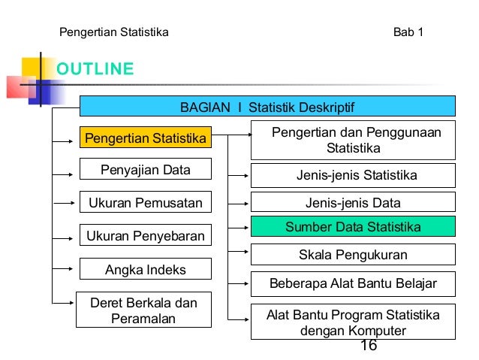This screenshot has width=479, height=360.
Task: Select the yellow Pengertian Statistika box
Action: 146,139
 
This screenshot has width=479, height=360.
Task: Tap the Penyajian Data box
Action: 146,170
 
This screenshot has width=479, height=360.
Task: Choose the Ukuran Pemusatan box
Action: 146,203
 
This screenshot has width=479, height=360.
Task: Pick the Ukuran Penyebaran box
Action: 146,236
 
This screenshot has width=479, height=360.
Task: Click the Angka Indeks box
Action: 146,269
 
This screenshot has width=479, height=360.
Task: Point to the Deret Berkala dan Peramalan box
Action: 143,310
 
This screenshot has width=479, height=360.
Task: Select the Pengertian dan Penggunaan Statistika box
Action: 353,140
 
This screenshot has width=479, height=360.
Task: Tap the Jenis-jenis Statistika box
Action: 353,176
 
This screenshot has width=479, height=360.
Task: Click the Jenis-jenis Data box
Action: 353,203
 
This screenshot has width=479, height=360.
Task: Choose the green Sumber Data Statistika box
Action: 353,227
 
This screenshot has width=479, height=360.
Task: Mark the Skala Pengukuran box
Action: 353,255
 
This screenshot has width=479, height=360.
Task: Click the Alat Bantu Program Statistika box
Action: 353,322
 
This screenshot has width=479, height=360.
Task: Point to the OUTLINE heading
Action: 95,70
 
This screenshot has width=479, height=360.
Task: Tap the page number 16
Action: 368,345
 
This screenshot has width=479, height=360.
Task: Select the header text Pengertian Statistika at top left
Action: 113,32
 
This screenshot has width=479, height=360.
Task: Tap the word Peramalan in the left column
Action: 143,319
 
